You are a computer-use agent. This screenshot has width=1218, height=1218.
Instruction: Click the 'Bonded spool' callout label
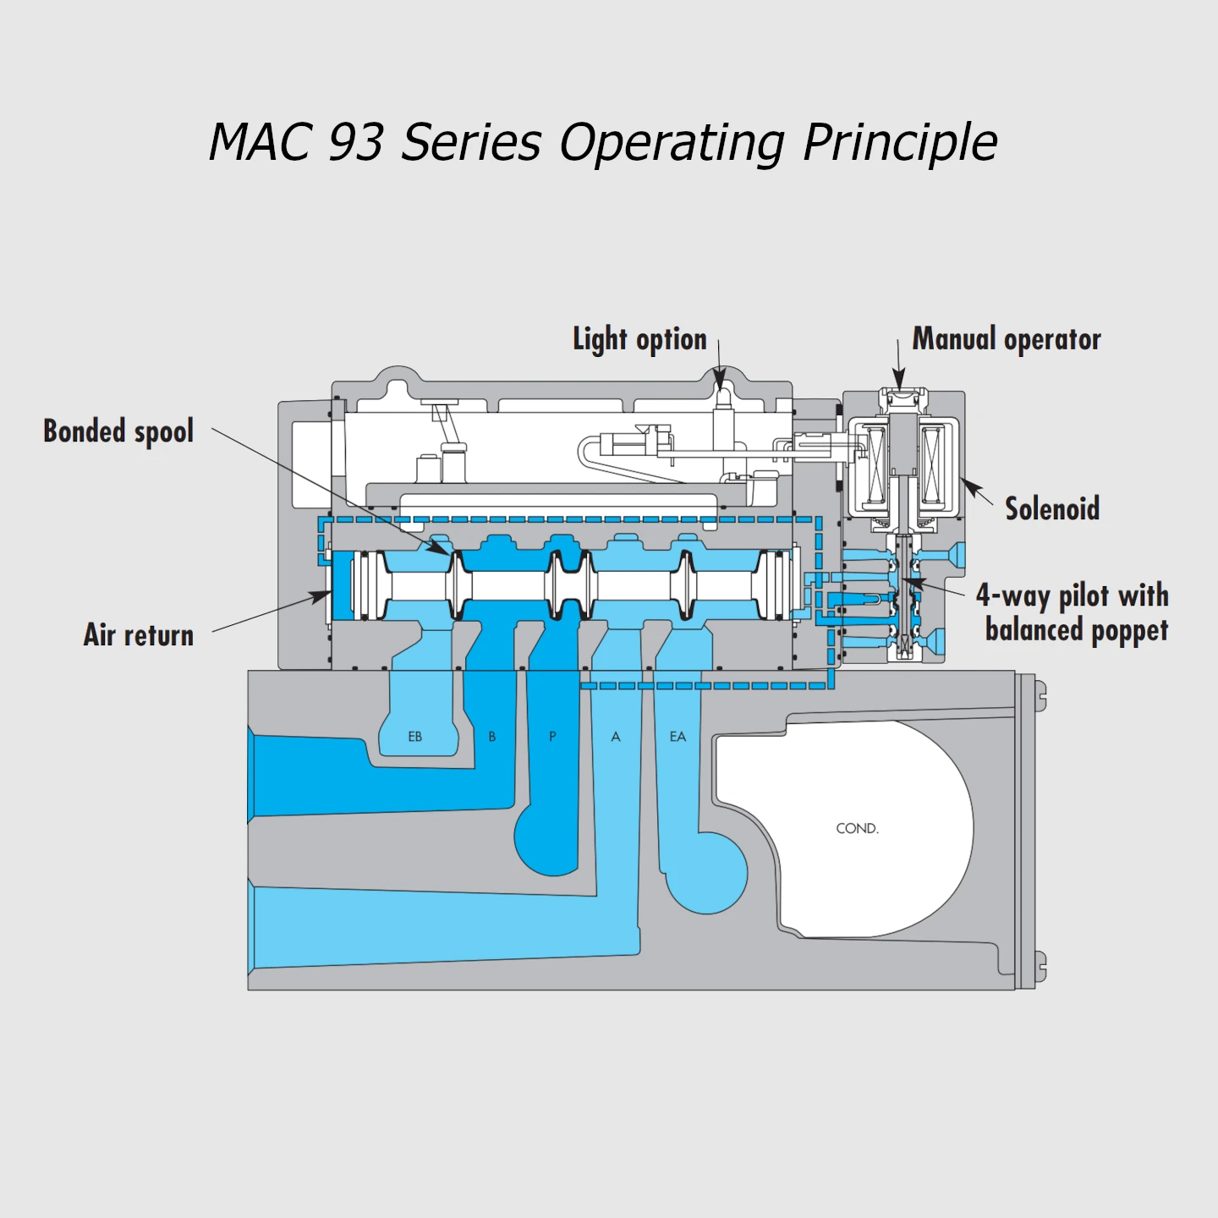[118, 431]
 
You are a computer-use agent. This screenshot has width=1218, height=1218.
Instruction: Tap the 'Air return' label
[139, 635]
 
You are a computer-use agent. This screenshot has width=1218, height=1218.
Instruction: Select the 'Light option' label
[639, 339]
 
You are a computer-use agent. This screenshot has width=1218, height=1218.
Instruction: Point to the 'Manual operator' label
[1007, 339]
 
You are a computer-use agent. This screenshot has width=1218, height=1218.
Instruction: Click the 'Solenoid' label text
[1052, 508]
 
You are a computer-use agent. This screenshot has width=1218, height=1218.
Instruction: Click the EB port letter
[415, 737]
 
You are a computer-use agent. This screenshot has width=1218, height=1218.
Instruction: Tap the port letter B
[492, 737]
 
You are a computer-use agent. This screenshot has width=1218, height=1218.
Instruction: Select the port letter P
[552, 737]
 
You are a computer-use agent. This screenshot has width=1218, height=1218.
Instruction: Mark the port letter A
[616, 737]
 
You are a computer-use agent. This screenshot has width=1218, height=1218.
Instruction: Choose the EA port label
[678, 737]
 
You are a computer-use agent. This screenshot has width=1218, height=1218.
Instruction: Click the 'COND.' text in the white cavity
[857, 828]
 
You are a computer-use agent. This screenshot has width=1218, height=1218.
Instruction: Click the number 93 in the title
[355, 141]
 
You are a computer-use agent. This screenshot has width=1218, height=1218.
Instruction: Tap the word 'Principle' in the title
[900, 141]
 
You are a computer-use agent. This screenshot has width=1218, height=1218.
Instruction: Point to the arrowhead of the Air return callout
[325, 595]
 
